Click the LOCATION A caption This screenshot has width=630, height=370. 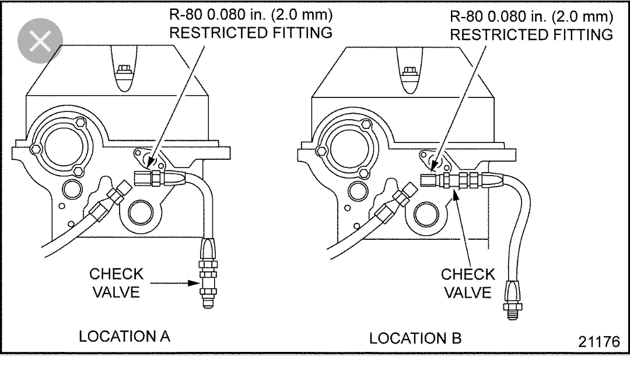pyautogui.click(x=124, y=337)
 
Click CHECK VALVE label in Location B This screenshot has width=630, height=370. pyautogui.click(x=468, y=283)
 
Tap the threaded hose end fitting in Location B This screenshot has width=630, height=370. pyautogui.click(x=509, y=303)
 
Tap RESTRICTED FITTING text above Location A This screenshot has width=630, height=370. pyautogui.click(x=250, y=33)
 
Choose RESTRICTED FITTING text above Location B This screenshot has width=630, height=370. pyautogui.click(x=531, y=34)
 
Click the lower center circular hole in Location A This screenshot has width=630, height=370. pyautogui.click(x=141, y=214)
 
